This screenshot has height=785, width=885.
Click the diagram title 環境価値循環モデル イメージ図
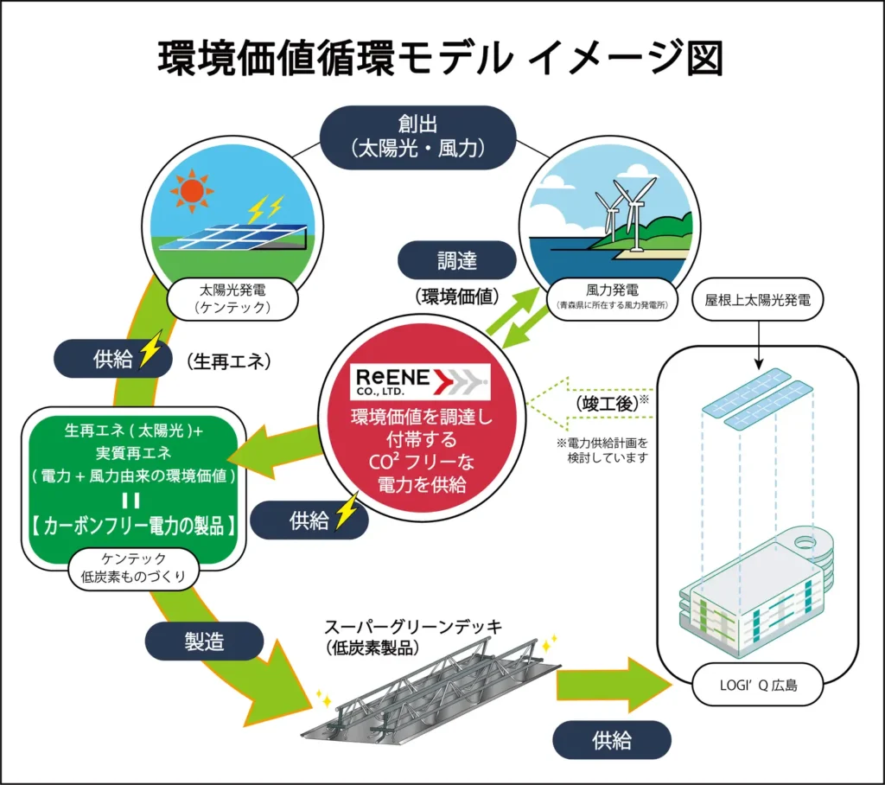pos(440,59)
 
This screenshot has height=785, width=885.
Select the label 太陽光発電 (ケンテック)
pos(235,299)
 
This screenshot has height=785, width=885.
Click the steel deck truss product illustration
pos(432,692)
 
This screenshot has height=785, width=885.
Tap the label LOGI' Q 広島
pos(757,689)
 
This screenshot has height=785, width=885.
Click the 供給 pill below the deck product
pos(611,740)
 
